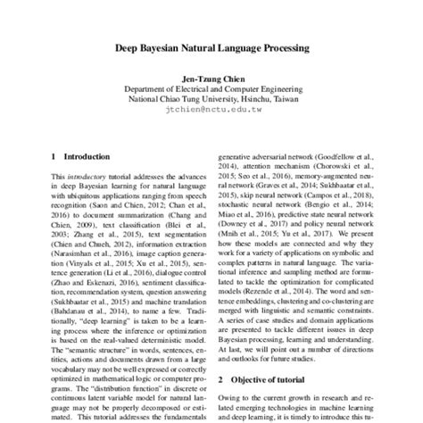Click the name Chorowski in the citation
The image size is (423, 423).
click(342, 165)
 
